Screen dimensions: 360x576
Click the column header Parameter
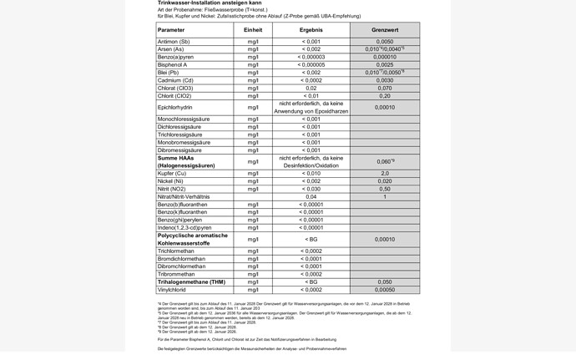(x=173, y=30)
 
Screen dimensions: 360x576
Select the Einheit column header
(x=253, y=30)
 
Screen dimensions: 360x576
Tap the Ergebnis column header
(x=311, y=30)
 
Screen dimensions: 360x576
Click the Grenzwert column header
(x=385, y=30)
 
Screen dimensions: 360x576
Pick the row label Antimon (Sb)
(x=174, y=42)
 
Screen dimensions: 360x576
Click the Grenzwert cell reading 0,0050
(x=385, y=42)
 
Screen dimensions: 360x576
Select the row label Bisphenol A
(x=172, y=64)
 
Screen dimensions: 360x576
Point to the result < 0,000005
(x=311, y=64)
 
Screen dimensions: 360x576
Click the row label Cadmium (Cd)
(x=175, y=80)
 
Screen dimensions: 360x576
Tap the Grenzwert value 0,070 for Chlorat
(x=385, y=88)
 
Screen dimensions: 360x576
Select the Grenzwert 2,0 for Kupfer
(x=385, y=173)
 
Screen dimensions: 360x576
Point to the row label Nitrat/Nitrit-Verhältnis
(x=184, y=197)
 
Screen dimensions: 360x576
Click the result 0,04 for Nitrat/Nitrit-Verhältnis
(x=311, y=197)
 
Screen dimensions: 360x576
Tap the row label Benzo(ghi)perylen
(x=179, y=220)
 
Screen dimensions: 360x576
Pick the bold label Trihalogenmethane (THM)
(x=191, y=282)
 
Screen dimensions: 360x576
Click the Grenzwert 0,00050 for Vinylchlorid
(x=385, y=290)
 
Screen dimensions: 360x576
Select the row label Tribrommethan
(x=176, y=274)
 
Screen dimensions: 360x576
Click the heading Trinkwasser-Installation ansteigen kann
(x=204, y=3)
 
